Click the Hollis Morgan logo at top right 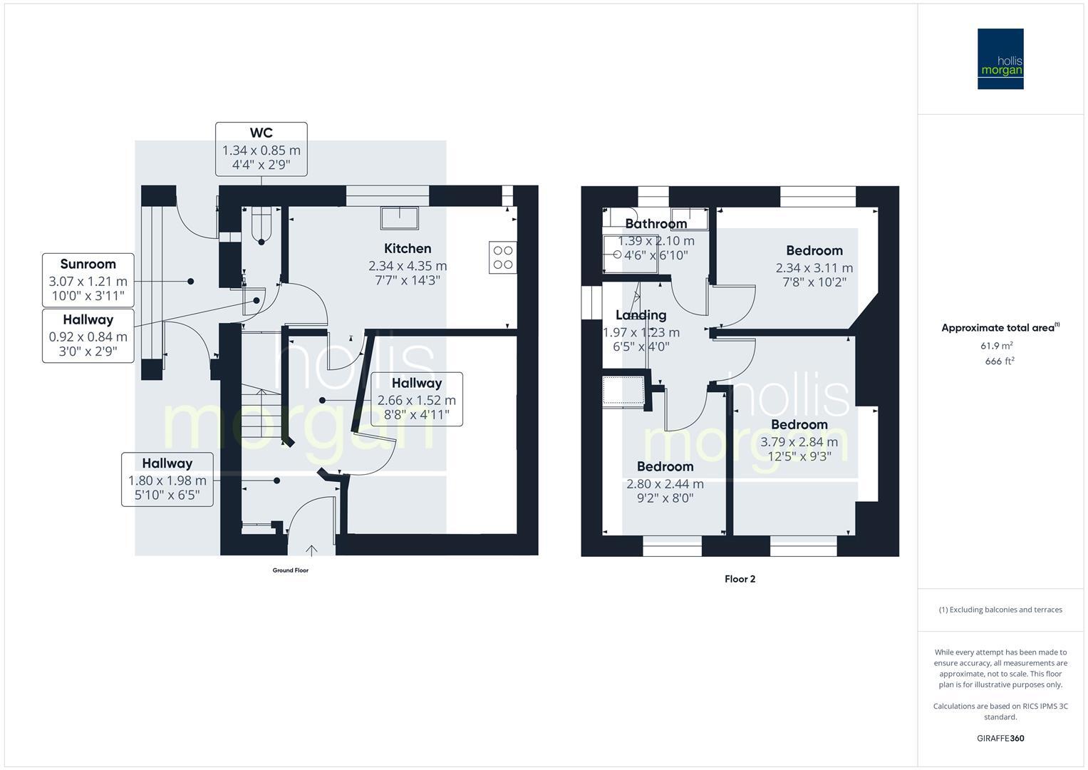point(1000,58)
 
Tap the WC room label point(261,133)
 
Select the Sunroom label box point(88,279)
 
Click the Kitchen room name point(408,249)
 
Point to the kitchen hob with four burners point(503,257)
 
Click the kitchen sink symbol point(400,217)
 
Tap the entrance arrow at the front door point(311,550)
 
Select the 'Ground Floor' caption point(291,570)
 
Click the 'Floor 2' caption point(740,579)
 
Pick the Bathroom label point(656,224)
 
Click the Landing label point(641,315)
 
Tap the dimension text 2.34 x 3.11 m point(814,268)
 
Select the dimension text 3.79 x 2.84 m point(799,442)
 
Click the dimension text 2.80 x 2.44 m point(665,484)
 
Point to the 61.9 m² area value point(997,346)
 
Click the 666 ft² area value point(1000,361)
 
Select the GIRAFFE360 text point(1000,739)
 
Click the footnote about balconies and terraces point(1000,610)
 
